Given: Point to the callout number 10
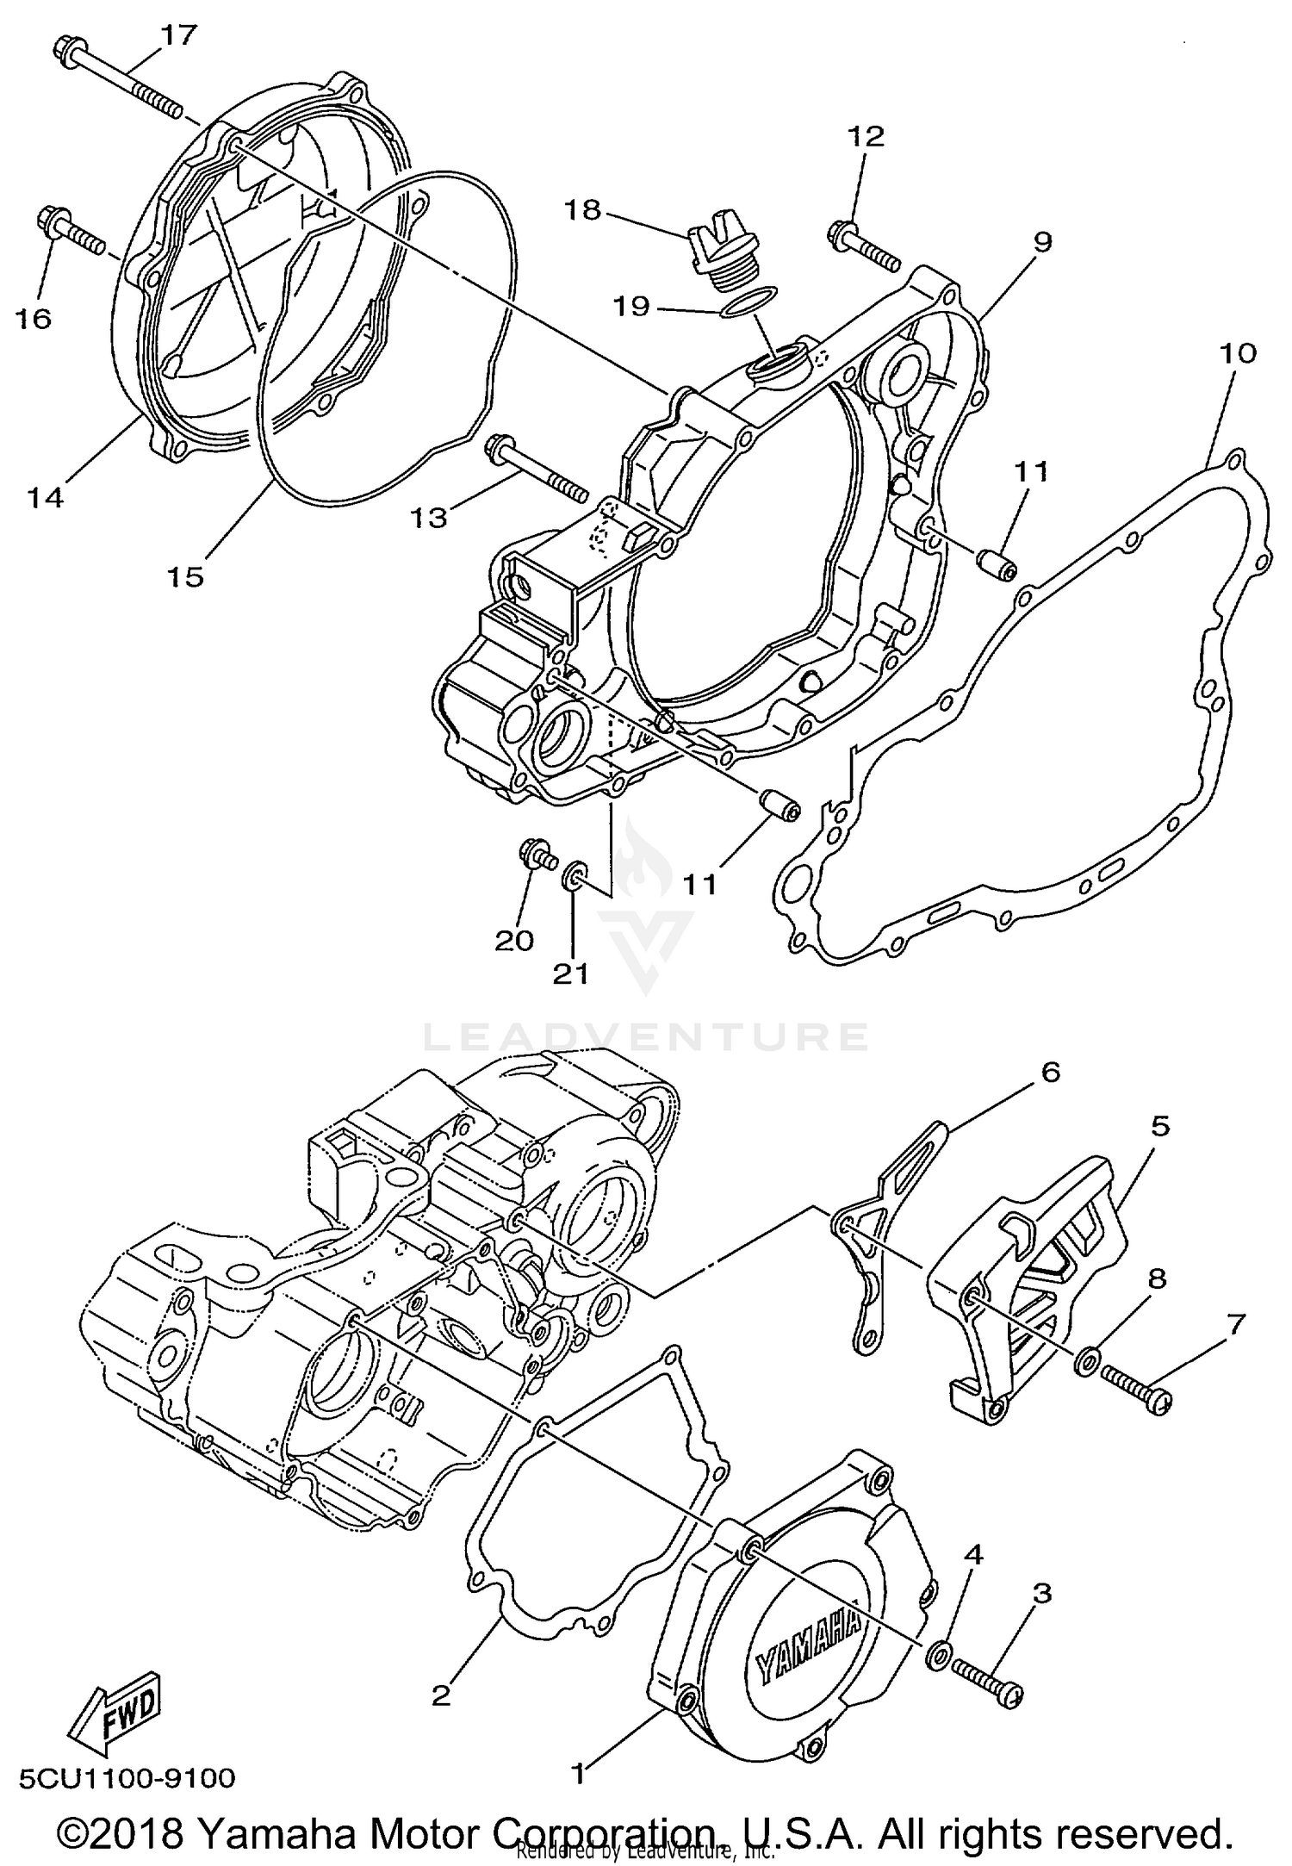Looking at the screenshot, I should [x=1238, y=352].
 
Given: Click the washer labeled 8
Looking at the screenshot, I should [x=1085, y=1361].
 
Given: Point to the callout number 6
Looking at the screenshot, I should [x=1050, y=1072].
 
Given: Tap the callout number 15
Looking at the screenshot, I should [x=185, y=575].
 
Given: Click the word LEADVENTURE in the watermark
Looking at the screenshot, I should [x=646, y=1036].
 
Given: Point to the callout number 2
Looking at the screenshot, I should [x=441, y=1695].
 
